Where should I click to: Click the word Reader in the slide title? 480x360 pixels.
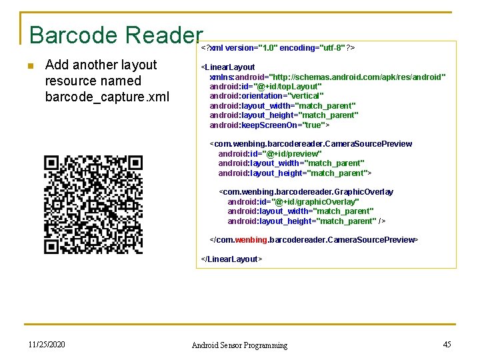163,35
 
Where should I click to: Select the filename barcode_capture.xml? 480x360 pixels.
107,97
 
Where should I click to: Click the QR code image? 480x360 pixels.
93,204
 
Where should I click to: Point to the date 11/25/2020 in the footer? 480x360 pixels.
47,345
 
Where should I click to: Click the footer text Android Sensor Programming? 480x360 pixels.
239,345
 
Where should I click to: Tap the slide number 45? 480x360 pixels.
447,345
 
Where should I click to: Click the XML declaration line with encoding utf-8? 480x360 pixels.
278,48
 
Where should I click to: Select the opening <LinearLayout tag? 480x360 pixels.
228,67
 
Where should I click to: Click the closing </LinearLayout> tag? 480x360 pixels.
231,259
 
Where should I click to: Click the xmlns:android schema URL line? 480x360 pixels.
327,77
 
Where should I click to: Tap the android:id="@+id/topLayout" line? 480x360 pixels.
265,87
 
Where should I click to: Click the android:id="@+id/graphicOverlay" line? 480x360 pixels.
293,201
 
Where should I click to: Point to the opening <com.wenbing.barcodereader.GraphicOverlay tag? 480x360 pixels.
306,192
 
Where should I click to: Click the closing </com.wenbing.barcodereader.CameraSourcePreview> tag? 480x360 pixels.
314,239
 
